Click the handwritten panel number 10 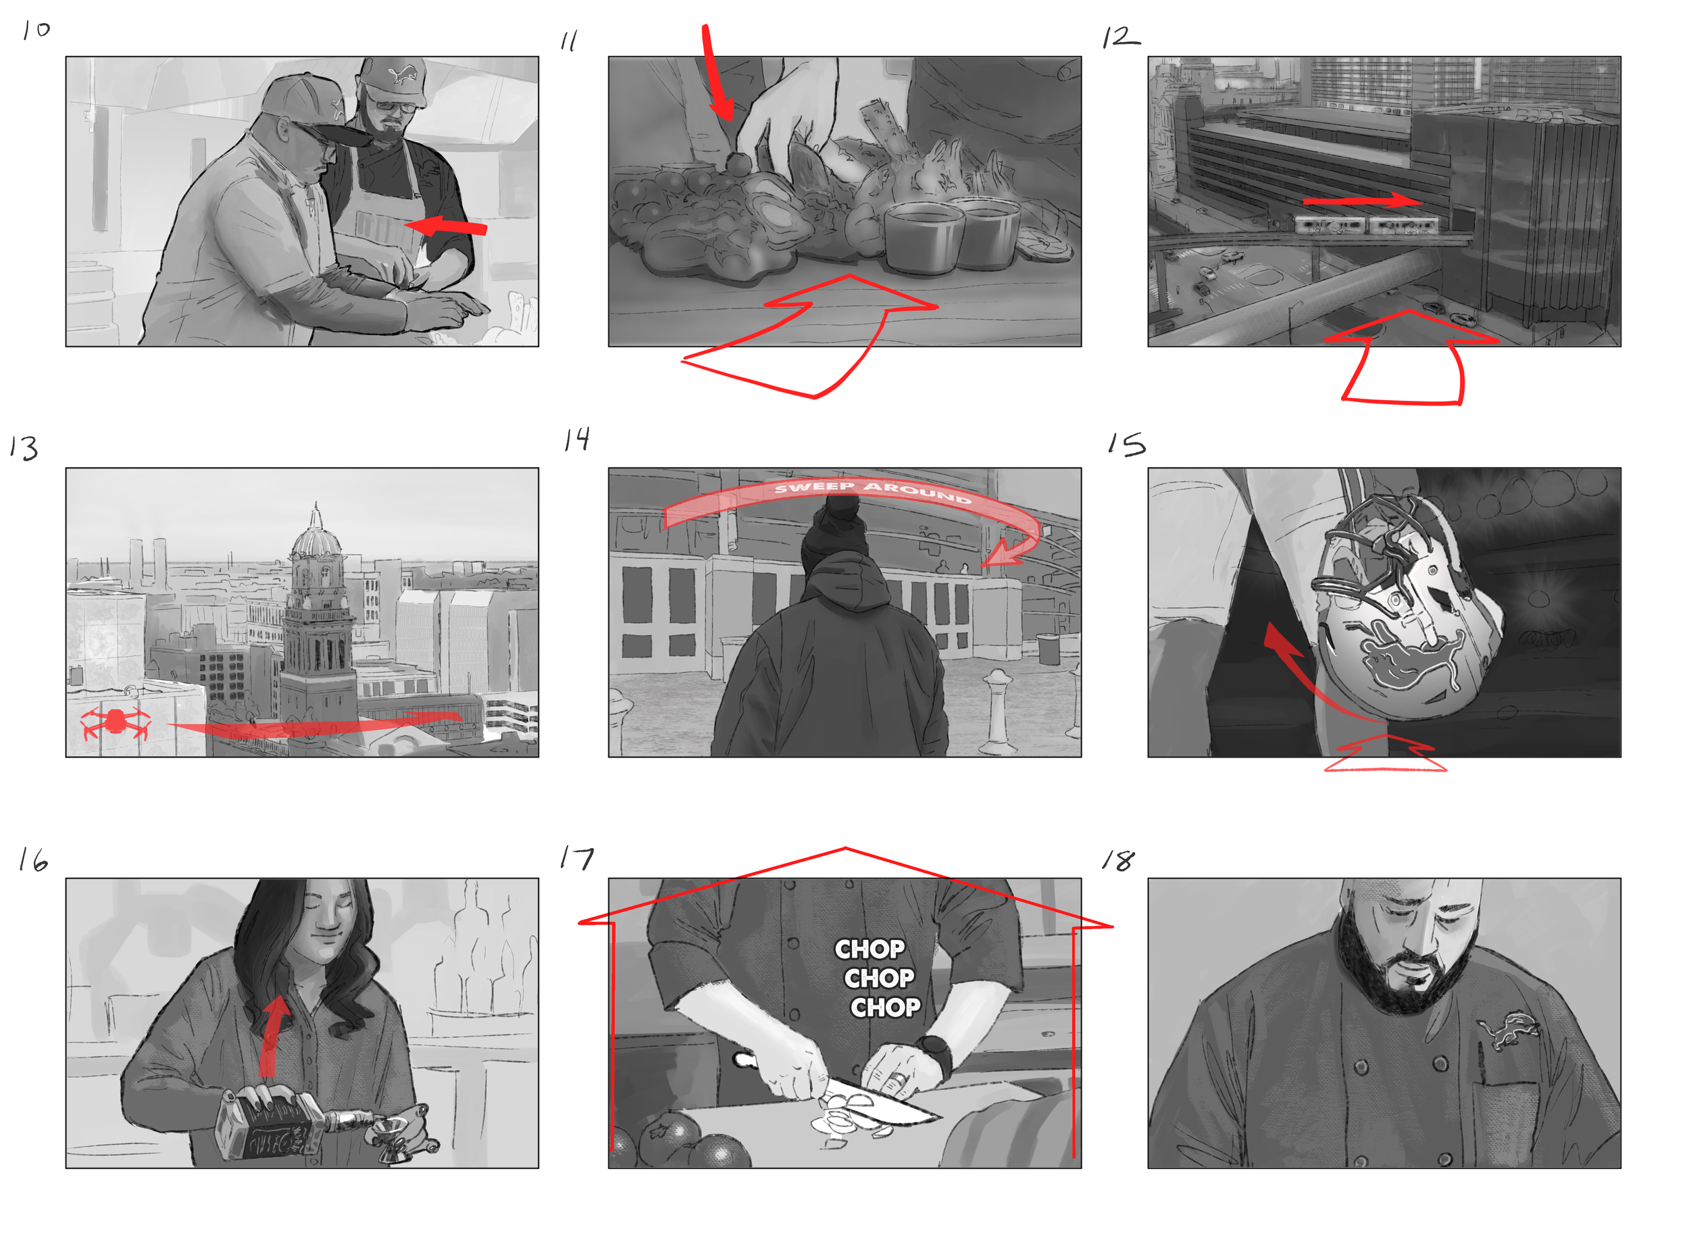(35, 30)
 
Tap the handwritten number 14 (576, 439)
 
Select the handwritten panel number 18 (1118, 860)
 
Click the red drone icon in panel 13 (115, 722)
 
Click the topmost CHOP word (869, 949)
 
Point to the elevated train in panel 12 (1365, 224)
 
